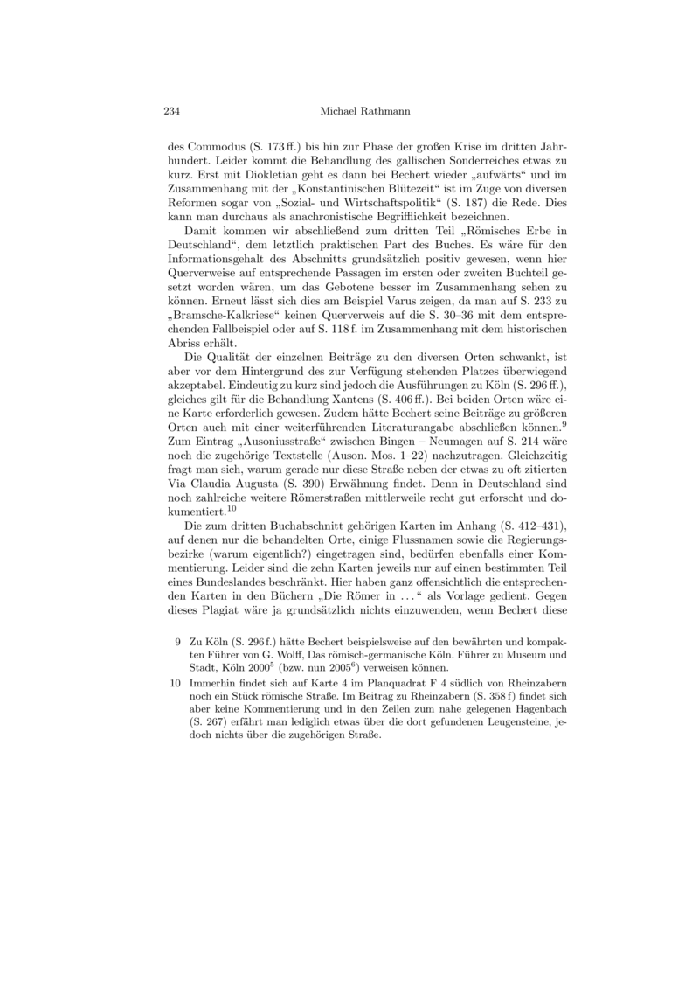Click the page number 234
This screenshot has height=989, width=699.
[x=171, y=111]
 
